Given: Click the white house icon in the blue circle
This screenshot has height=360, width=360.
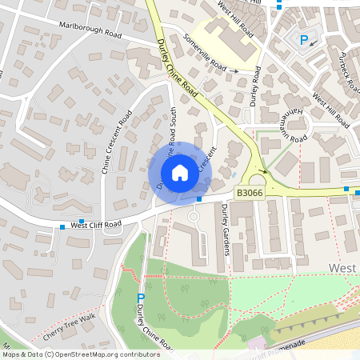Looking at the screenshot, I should [180, 172].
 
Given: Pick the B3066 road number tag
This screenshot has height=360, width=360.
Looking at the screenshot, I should [249, 193].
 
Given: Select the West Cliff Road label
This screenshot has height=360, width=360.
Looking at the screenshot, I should [96, 225].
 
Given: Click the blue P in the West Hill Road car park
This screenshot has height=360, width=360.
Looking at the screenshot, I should [303, 40].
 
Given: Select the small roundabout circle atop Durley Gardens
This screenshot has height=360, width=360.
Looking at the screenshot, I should [193, 216].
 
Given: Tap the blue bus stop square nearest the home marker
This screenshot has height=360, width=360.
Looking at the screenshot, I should [199, 198].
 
